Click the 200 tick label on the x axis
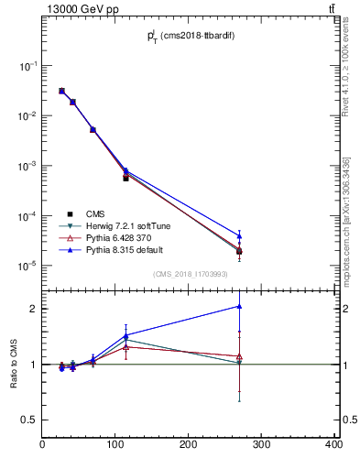pos(189,445)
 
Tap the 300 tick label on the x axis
pos(261,445)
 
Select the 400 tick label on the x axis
pos(333,445)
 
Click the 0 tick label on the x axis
pos(43,445)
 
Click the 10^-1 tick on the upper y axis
pos(30,67)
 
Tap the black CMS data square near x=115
pos(125,178)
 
